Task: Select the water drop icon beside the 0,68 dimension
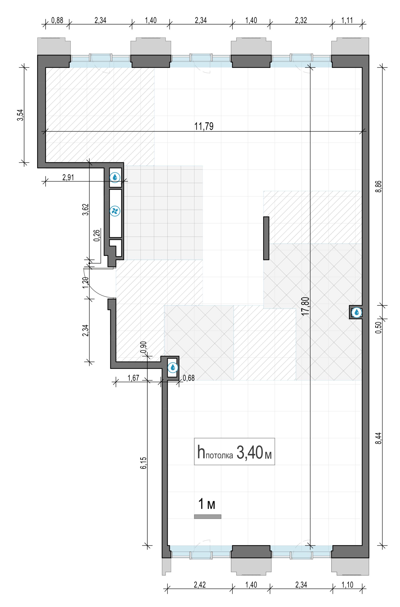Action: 173,367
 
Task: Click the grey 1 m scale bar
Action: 208,517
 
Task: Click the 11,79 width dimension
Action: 204,126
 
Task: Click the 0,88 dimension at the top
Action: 57,20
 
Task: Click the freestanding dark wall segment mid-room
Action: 266,238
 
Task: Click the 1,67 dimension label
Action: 133,377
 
